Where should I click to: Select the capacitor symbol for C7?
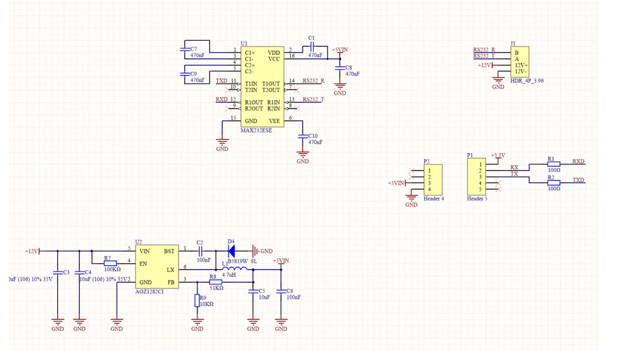click(184, 49)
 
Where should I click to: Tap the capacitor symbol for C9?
click(184, 74)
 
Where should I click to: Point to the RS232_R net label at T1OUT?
click(313, 81)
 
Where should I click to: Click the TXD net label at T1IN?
click(222, 81)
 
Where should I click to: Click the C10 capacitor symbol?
click(302, 136)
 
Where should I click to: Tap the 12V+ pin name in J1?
click(521, 65)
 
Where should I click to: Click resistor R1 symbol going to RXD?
click(554, 164)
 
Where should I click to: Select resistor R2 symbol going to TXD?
click(554, 182)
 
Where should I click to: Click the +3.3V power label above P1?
click(498, 155)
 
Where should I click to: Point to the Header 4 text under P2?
click(433, 199)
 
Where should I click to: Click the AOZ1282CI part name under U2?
click(149, 291)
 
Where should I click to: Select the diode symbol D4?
click(232, 251)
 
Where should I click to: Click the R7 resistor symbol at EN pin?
click(110, 263)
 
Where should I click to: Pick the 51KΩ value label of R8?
click(216, 288)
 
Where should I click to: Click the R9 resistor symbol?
click(197, 300)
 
